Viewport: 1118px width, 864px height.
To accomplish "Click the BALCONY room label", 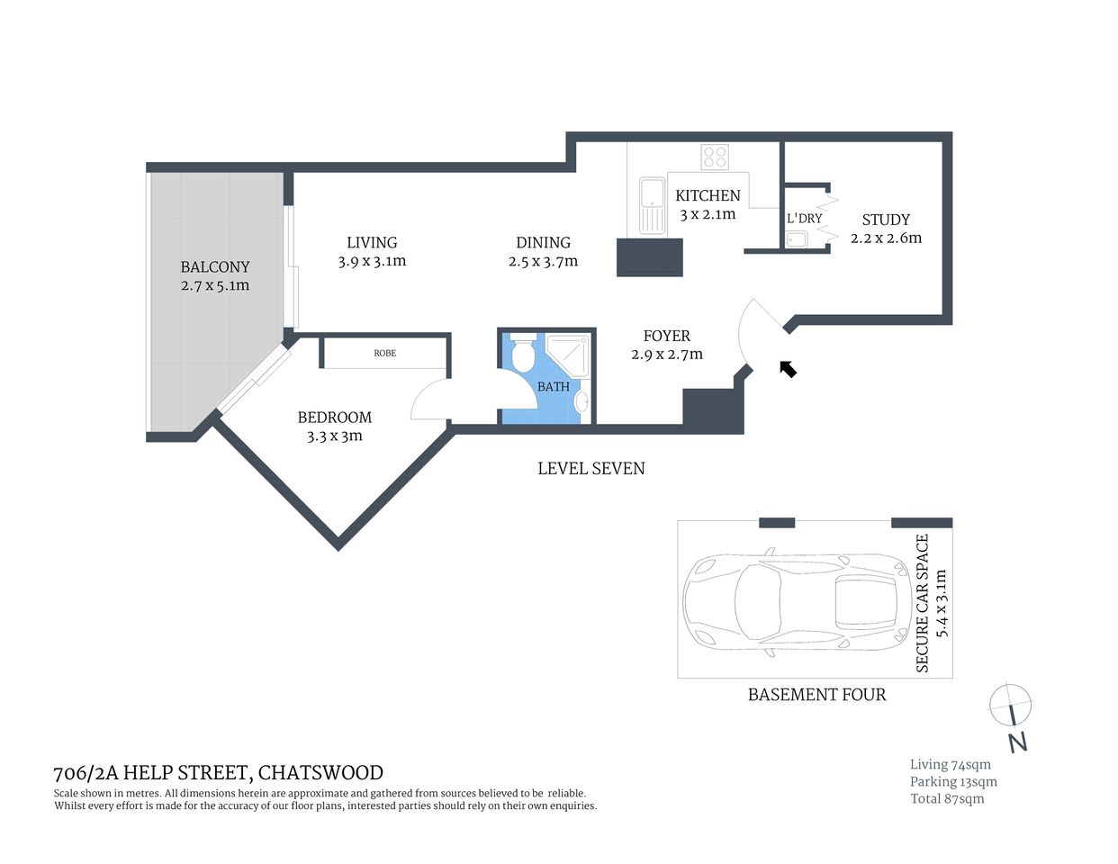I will coord(215,266).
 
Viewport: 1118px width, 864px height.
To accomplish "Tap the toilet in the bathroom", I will coord(521,354).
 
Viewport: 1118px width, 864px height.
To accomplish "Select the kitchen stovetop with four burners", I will coord(715,157).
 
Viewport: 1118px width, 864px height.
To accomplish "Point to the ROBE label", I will coord(384,353).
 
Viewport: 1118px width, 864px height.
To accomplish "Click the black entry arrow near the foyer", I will coord(788,368).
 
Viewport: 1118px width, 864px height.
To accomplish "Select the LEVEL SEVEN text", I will coord(591,468).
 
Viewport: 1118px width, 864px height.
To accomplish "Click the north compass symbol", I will coord(1010,704).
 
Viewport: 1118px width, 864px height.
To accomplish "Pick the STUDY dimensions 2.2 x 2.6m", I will coord(886,238).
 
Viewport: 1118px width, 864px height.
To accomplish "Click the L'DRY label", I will coord(804,218).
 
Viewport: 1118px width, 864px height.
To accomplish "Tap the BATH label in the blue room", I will coord(554,386).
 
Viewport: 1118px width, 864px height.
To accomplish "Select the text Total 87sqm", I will coord(947,798).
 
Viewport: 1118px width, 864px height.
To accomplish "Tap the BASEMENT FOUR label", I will coord(816,694).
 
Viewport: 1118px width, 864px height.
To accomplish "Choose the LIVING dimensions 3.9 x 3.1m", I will coord(372,261).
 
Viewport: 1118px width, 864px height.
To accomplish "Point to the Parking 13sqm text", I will coord(953,781).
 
